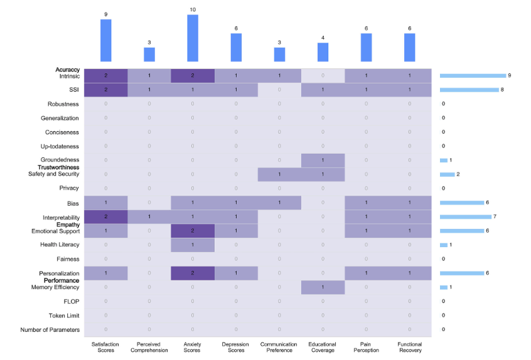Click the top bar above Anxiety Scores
click(193, 38)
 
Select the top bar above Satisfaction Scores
click(105, 41)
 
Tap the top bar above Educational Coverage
click(323, 52)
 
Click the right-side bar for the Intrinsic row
click(473, 75)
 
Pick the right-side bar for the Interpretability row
click(465, 216)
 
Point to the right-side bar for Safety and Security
click(447, 174)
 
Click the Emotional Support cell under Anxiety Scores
click(193, 231)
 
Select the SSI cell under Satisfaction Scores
click(105, 90)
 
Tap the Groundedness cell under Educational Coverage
click(323, 160)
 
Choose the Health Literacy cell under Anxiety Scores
click(193, 245)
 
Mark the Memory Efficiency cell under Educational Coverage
click(323, 287)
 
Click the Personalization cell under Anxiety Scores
click(193, 273)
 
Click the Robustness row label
click(63, 103)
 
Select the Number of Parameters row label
click(50, 329)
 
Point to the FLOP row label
click(70, 301)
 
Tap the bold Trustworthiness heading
click(58, 167)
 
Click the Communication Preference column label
click(279, 347)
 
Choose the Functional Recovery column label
click(410, 347)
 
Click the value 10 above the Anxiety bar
click(193, 9)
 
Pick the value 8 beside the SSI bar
click(503, 90)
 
